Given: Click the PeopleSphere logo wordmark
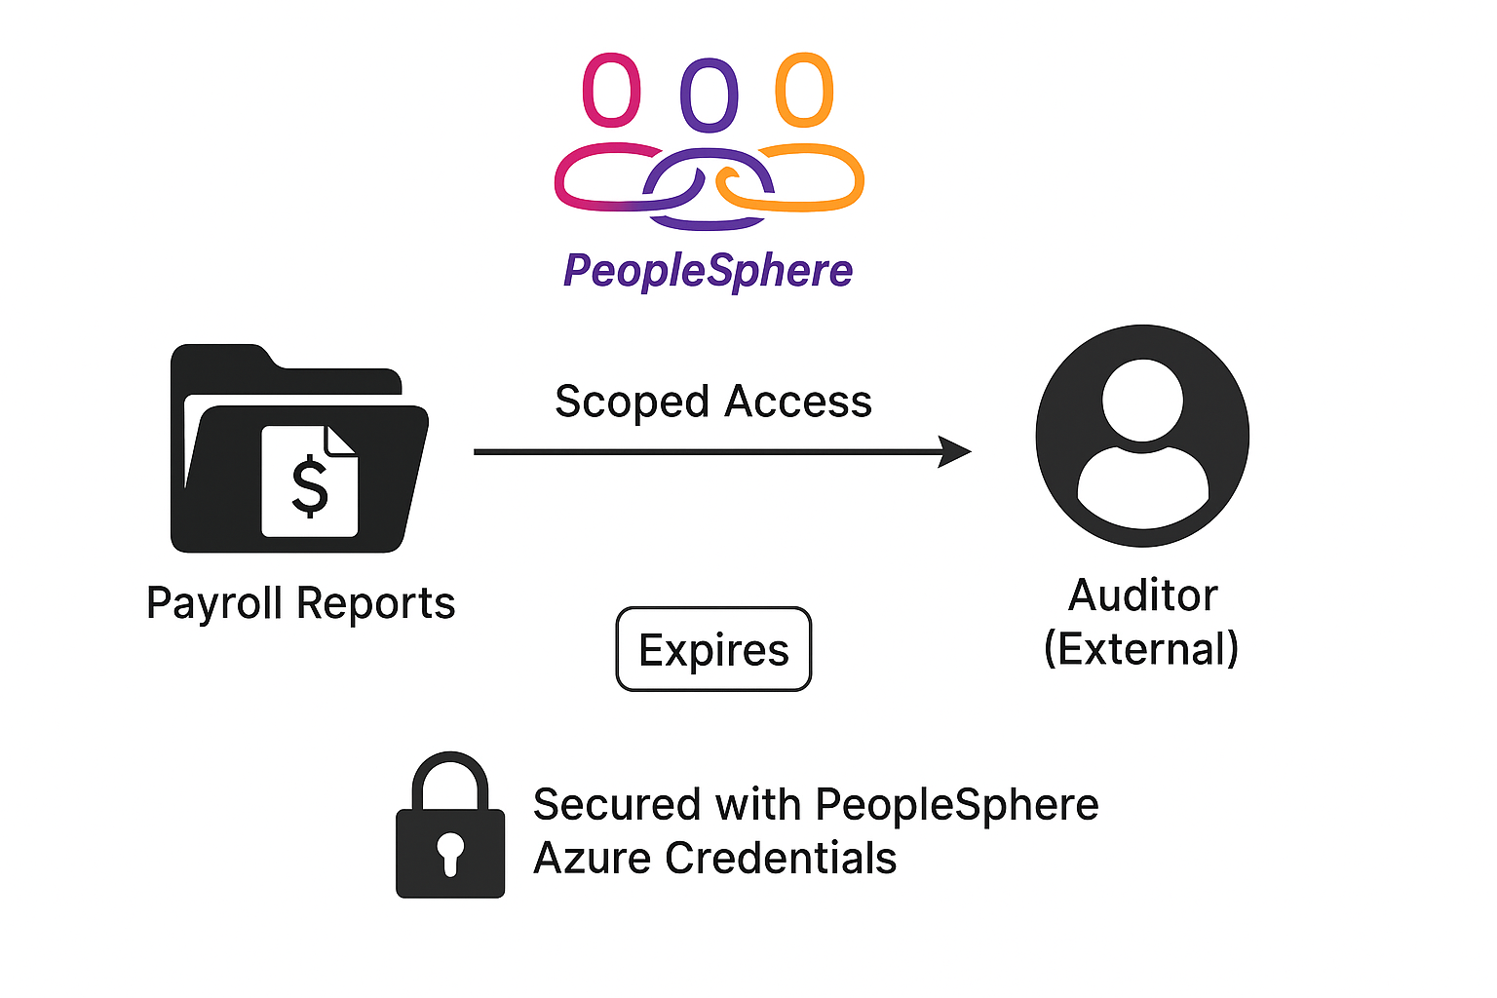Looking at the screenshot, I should coord(708,270).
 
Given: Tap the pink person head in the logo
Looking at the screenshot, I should coord(611,91).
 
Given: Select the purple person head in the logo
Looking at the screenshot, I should coord(709,95).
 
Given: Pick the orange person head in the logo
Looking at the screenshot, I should coord(804,90).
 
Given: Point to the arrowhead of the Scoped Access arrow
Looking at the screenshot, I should coord(955,451).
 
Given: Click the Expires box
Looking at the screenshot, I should coord(713,649).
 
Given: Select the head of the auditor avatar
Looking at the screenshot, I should coord(1142,400).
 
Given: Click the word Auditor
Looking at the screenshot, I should coord(1142,595).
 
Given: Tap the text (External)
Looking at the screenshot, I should coord(1140,649).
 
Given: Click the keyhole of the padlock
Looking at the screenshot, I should coord(449,851).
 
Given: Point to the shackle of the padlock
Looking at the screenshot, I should coord(449,775).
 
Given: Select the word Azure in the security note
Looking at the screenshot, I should coord(593,859).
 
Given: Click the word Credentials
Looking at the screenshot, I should coord(780,859).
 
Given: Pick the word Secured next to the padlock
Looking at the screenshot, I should coord(617,805).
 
